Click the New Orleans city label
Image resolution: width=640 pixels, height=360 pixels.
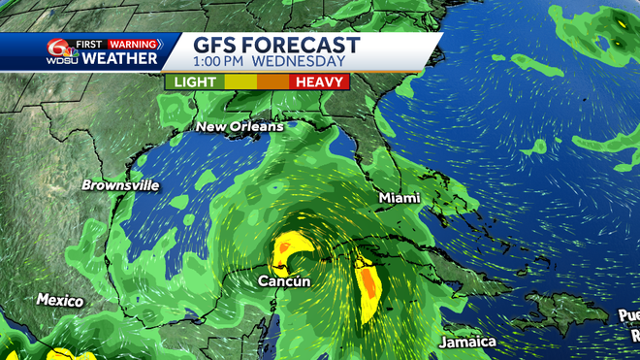point(239,127)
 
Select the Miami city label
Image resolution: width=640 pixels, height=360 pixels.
point(400,198)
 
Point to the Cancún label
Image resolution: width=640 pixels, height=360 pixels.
point(284,281)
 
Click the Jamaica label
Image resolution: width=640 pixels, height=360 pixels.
point(466,343)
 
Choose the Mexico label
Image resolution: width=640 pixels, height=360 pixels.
point(60,301)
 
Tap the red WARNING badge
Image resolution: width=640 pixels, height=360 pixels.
point(133,43)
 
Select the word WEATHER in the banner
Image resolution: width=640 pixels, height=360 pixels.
point(119,59)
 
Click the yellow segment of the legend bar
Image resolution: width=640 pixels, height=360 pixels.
point(239,82)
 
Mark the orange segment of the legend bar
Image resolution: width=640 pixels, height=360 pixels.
point(272,82)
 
